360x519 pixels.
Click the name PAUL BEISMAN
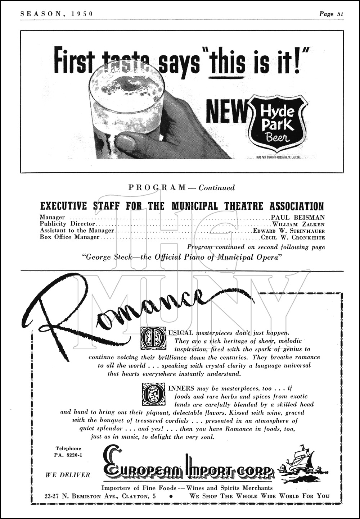pos(298,217)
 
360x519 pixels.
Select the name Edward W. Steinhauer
pos(289,231)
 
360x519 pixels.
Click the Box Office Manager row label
pos(69,237)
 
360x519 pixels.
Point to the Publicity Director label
pos(67,224)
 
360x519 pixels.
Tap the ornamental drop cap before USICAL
pos(153,338)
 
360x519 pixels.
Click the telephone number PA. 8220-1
pos(68,455)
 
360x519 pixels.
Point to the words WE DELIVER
pos(68,475)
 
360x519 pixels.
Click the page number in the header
pos(331,14)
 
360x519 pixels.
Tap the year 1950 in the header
pos(82,14)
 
